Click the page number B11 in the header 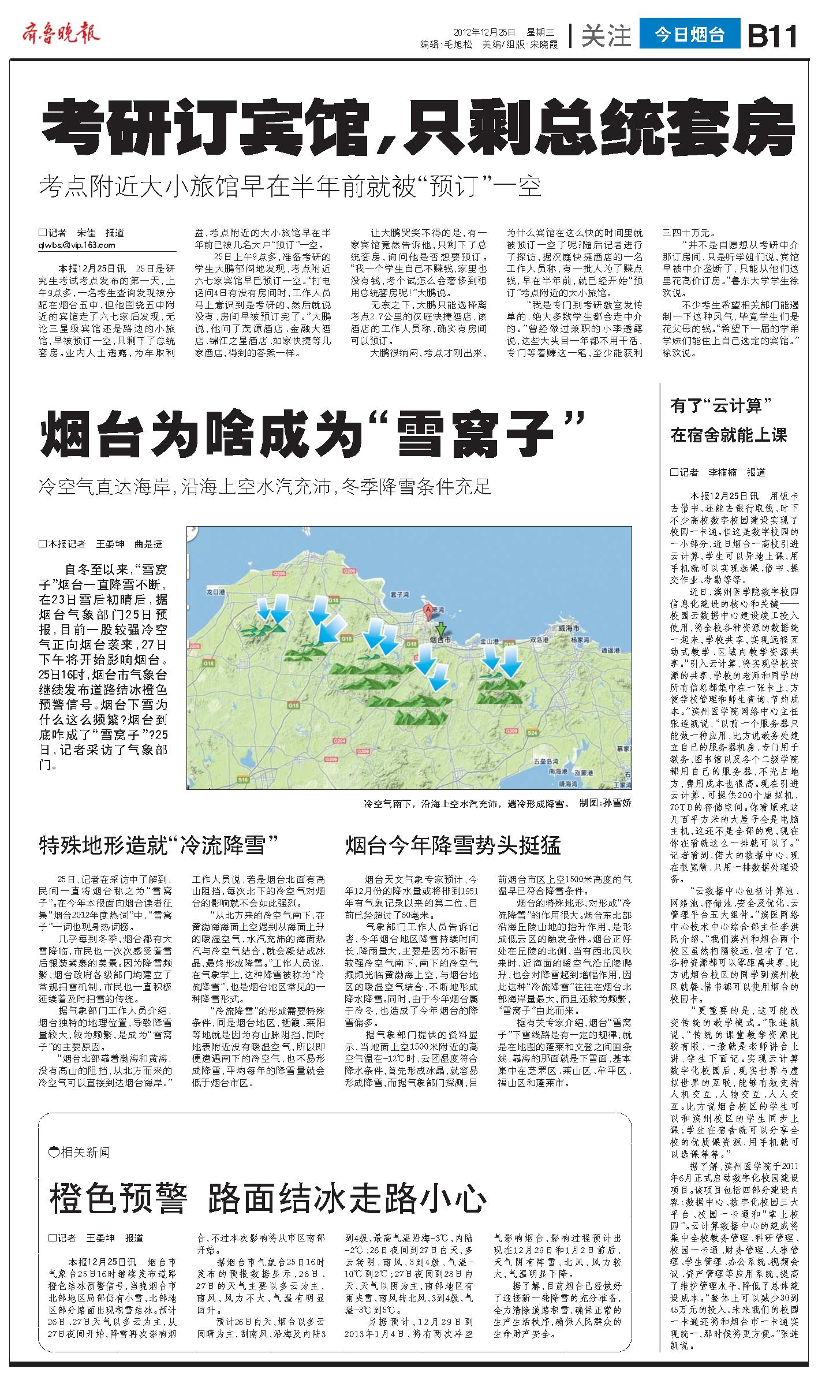(x=772, y=36)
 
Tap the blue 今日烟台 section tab (x=689, y=35)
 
